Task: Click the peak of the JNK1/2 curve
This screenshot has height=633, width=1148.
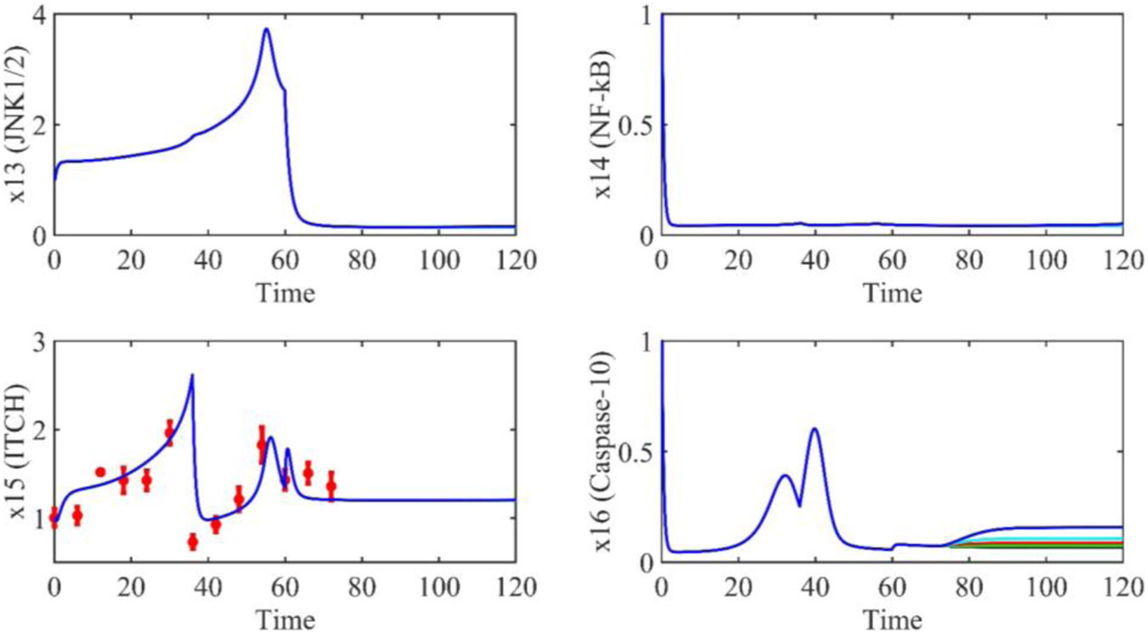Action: pos(266,30)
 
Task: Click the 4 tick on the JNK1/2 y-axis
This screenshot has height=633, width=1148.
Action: pos(38,15)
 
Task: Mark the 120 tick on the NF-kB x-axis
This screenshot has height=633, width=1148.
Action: pos(1121,263)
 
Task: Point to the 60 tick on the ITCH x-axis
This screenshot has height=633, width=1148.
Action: pos(284,590)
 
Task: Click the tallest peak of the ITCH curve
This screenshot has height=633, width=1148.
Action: pos(192,375)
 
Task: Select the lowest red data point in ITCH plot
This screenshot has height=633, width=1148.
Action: pos(192,541)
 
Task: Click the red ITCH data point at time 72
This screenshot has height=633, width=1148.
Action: pos(331,486)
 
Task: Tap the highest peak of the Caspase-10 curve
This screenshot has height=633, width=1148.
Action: pos(816,429)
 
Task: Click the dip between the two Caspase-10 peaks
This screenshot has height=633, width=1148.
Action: pos(799,506)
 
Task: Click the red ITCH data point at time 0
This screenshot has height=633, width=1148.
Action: pos(54,517)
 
